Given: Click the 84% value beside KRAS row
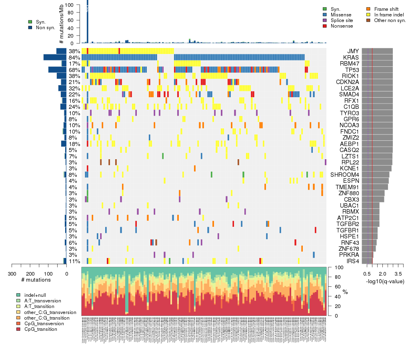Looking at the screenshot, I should pyautogui.click(x=74, y=57).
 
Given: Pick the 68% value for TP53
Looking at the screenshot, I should pyautogui.click(x=74, y=70).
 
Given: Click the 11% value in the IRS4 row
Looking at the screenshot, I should pyautogui.click(x=74, y=261).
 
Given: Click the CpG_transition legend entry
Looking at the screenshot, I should pyautogui.click(x=40, y=329).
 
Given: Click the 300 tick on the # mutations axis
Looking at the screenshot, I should pyautogui.click(x=12, y=274).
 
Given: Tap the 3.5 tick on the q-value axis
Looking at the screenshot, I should pyautogui.click(x=398, y=274).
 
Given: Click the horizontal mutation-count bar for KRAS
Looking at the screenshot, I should pyautogui.click(x=55, y=57).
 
